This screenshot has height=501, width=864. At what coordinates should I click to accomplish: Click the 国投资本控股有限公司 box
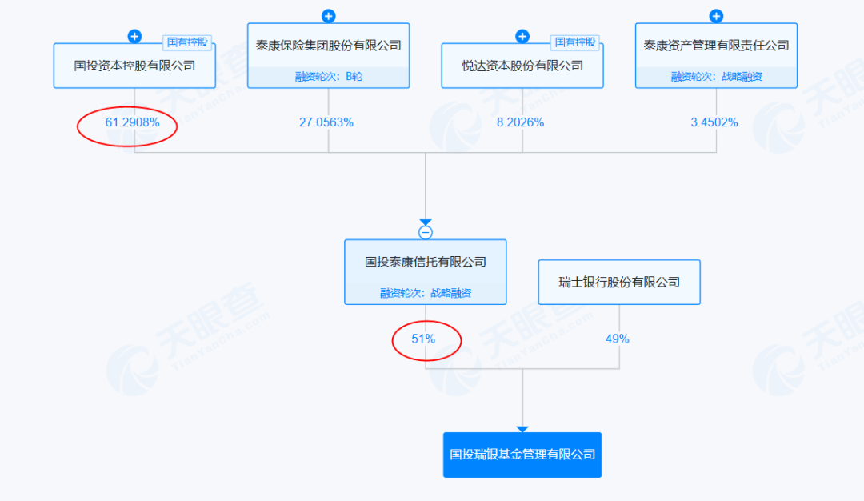point(134,66)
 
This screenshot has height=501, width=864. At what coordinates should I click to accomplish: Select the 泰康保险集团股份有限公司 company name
point(328,46)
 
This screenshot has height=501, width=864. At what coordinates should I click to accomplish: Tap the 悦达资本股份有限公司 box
point(522,66)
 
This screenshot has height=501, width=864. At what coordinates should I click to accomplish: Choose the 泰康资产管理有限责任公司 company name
point(716,46)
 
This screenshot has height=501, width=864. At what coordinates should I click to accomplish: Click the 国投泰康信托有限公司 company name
point(426,262)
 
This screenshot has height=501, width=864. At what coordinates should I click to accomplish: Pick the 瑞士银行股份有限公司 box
point(619,282)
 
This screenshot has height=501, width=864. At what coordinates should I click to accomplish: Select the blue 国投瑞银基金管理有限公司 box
point(522,455)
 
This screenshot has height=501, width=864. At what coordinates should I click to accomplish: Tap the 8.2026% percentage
point(520,122)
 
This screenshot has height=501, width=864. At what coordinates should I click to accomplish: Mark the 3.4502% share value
point(714,122)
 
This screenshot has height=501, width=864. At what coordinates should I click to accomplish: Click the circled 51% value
point(423,339)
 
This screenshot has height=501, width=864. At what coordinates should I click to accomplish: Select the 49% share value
point(618,339)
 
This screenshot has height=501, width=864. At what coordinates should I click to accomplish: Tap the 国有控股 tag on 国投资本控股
point(187,42)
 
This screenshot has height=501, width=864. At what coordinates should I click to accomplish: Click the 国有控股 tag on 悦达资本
point(575,42)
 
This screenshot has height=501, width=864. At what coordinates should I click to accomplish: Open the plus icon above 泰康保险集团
point(329,16)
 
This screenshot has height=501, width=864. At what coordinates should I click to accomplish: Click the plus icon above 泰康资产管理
point(717,16)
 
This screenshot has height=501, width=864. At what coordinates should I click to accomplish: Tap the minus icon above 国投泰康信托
point(426,233)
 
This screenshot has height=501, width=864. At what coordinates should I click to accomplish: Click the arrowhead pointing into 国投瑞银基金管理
point(522,429)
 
